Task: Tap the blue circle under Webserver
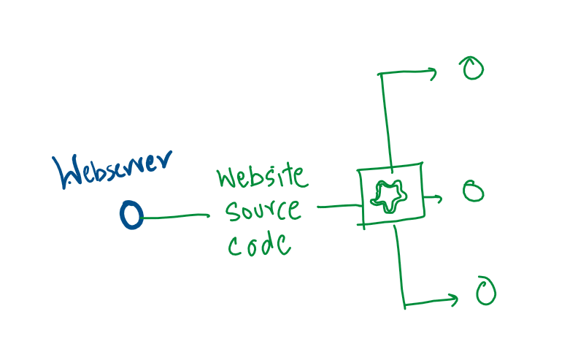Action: click(131, 215)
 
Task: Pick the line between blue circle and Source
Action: click(175, 216)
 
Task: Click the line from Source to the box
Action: click(337, 207)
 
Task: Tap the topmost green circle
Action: click(472, 69)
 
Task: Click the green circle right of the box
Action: click(473, 192)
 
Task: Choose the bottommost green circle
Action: click(485, 291)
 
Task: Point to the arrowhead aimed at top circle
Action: click(432, 72)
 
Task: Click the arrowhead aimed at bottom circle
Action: click(453, 299)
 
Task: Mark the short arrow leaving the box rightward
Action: click(433, 197)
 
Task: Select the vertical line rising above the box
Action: click(385, 117)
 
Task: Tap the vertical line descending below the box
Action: click(400, 263)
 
